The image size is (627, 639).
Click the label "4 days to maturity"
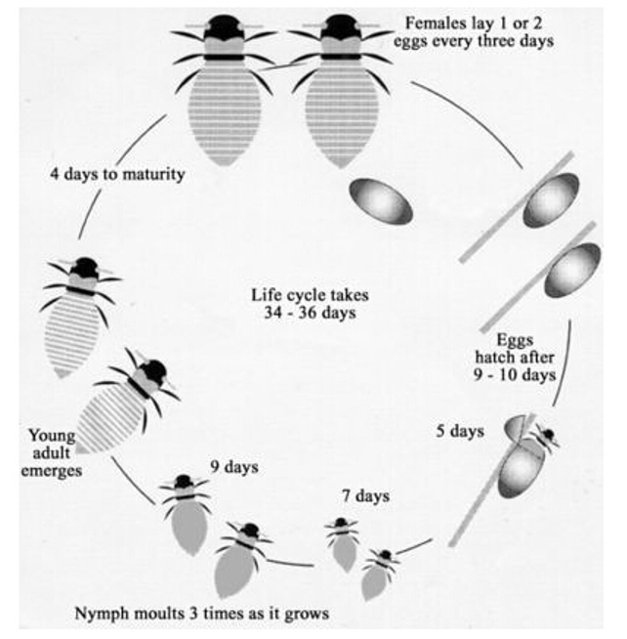coord(118,174)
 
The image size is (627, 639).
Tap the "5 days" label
coord(460,431)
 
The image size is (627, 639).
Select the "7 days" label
coord(366,495)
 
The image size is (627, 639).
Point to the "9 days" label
coord(234,467)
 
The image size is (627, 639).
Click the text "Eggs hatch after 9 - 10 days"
coord(515,358)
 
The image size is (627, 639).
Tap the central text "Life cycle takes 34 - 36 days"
coord(310,304)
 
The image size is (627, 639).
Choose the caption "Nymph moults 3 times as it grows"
coord(202,613)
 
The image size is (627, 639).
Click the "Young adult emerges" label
coord(52,452)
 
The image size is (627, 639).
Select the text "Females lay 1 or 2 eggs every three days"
coord(474,32)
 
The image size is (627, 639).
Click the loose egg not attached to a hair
coord(381,201)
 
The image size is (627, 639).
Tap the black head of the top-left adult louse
coord(224,26)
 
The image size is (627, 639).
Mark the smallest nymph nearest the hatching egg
coord(379,574)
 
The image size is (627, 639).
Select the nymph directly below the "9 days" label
coord(187,514)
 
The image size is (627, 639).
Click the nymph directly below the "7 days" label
coord(343,544)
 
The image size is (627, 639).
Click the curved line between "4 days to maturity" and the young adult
coord(89,214)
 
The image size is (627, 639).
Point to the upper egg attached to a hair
coord(551,199)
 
